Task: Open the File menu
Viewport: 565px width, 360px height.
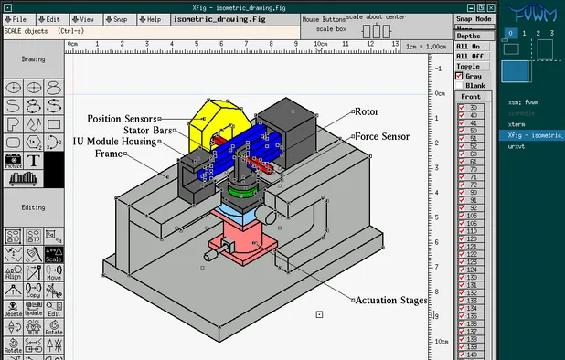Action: tap(16, 19)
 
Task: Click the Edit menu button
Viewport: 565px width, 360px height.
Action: tap(50, 19)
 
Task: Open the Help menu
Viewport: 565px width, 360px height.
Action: tap(150, 19)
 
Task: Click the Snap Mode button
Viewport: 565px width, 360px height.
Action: tap(473, 19)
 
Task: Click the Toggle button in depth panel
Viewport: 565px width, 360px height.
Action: tap(468, 66)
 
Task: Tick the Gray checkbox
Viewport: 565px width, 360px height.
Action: tap(460, 76)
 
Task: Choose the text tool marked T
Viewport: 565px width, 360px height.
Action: tap(34, 161)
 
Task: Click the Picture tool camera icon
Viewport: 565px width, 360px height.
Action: tap(13, 161)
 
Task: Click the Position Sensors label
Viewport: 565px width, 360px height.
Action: tap(122, 119)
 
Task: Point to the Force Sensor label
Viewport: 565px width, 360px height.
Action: tap(381, 136)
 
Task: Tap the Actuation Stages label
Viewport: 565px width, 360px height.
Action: tap(390, 300)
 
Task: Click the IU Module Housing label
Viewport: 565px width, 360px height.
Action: tap(116, 142)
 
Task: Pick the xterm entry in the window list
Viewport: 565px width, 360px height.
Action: tap(517, 124)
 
